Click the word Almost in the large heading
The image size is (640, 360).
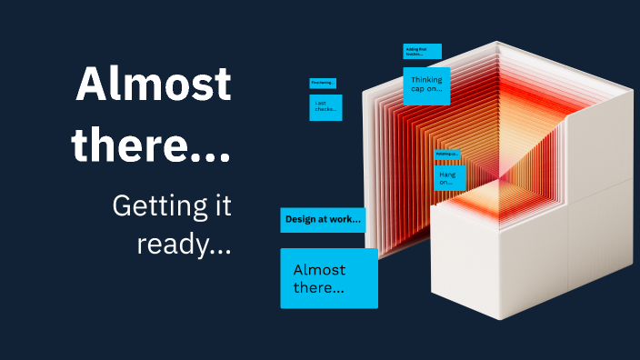(x=154, y=85)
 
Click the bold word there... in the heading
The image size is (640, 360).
(x=152, y=145)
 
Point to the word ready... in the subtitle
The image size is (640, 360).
(x=185, y=244)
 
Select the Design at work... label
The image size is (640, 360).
(x=323, y=219)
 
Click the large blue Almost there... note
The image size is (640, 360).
(x=328, y=278)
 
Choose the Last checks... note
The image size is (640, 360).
(x=325, y=107)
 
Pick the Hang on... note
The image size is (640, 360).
(x=449, y=177)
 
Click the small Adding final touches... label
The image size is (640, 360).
(x=422, y=52)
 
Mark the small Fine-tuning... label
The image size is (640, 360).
(x=323, y=83)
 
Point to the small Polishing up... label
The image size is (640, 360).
(x=445, y=155)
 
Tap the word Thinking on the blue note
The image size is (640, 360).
(x=426, y=80)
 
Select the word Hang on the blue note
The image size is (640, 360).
(x=447, y=173)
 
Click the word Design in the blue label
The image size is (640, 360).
(x=299, y=219)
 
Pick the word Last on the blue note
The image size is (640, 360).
(x=320, y=103)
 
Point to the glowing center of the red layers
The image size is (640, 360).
(x=498, y=169)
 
